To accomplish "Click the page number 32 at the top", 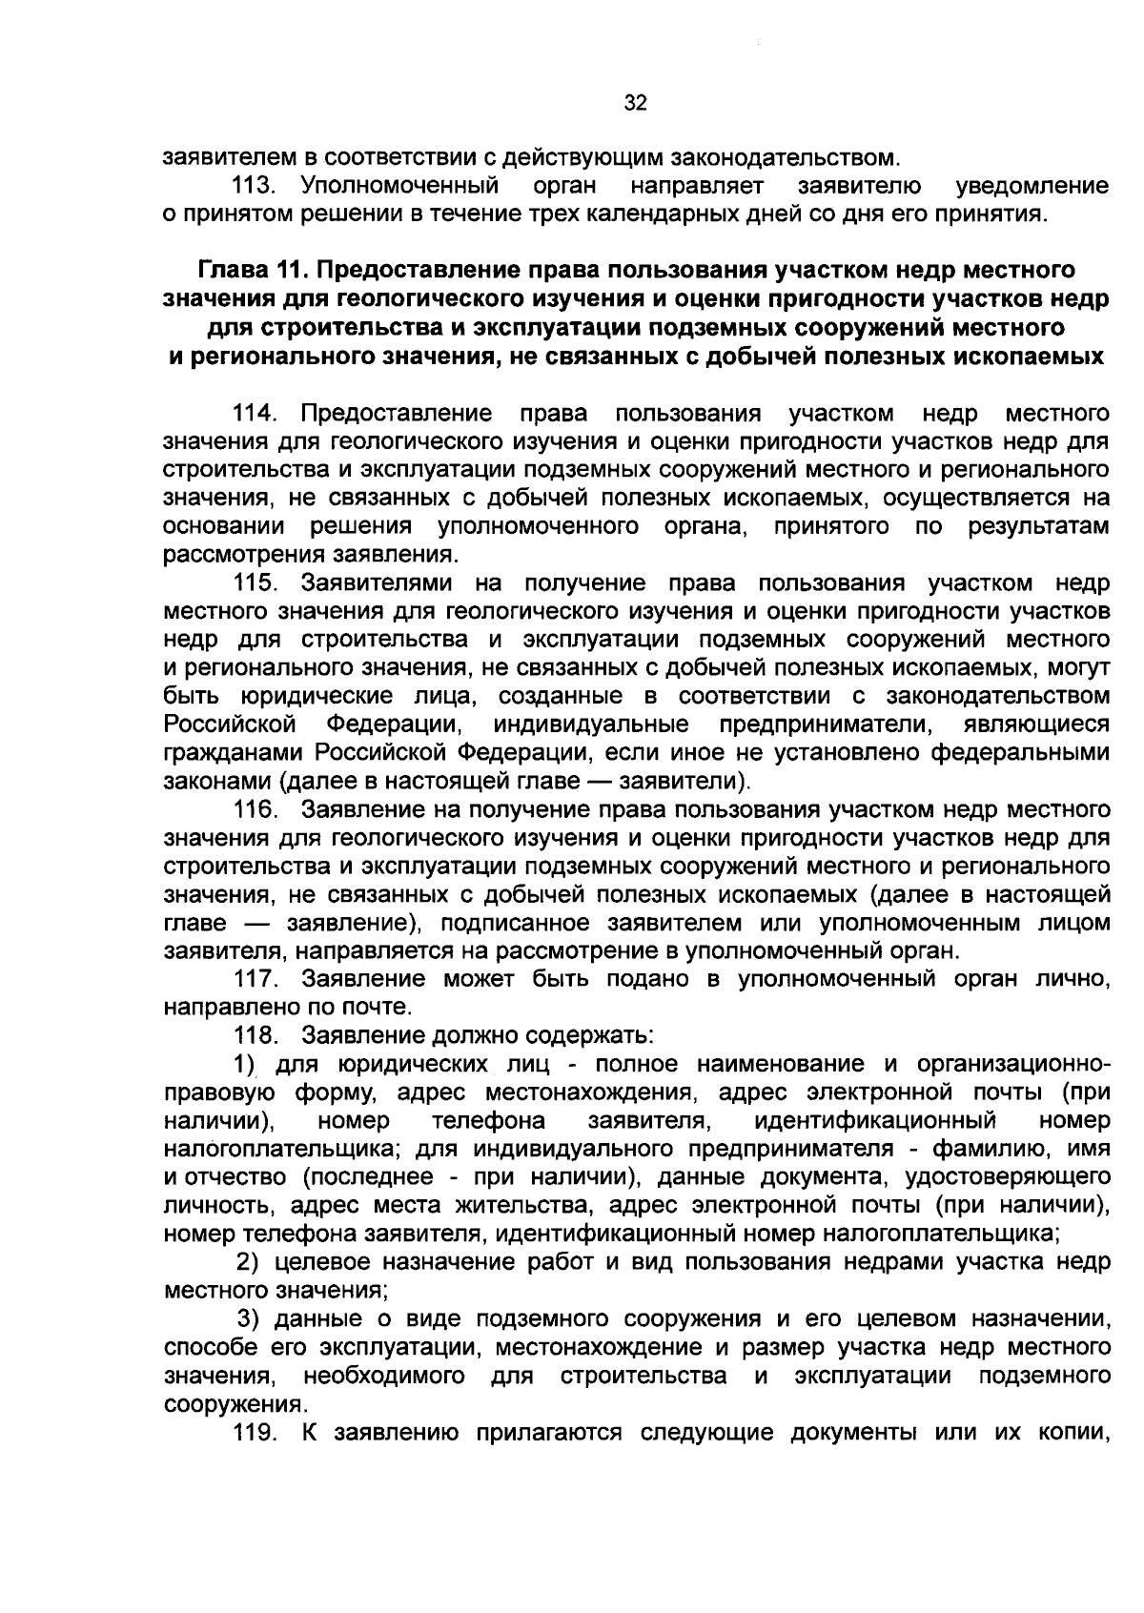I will click(636, 104).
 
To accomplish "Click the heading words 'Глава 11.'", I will click(253, 271).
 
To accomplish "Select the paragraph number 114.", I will click(255, 414).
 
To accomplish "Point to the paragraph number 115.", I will click(255, 583).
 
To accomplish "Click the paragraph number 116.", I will click(255, 810).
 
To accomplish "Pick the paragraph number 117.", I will click(255, 979).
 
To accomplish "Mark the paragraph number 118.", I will click(255, 1035).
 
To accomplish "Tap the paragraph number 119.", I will click(255, 1433).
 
